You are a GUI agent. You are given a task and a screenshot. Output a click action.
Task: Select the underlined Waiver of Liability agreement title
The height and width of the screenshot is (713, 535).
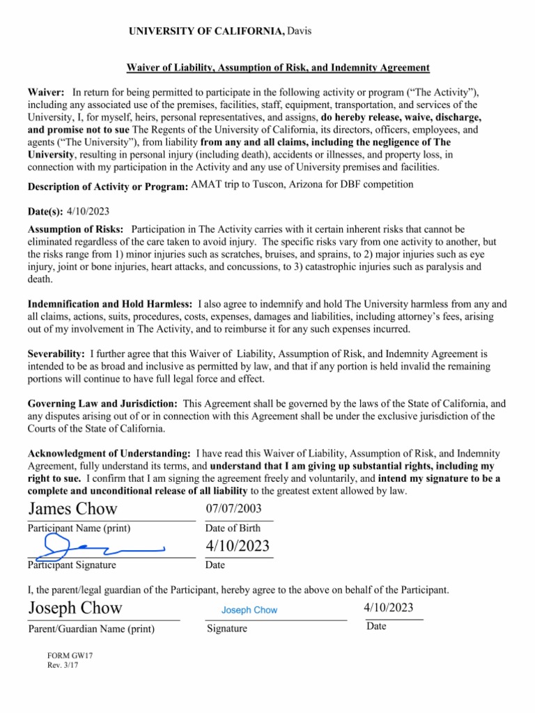277,68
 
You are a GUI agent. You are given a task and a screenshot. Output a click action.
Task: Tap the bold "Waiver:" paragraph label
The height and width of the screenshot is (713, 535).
47,93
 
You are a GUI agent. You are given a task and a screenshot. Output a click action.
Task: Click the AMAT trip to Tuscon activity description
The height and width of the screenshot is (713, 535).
302,185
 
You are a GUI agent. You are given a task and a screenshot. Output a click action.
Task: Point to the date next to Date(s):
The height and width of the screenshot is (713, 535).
88,211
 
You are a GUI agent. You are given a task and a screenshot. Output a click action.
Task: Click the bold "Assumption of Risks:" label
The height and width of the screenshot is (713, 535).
76,229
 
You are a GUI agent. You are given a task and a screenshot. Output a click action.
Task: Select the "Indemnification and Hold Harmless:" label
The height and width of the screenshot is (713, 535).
110,304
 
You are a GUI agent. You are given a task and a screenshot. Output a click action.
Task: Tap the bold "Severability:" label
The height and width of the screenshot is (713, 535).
56,354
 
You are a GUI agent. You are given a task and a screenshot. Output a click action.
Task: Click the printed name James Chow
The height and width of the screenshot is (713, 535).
73,509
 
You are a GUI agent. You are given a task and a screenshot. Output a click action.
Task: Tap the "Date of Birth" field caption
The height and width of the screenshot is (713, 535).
233,528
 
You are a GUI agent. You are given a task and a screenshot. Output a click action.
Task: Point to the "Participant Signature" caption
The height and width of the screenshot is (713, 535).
72,565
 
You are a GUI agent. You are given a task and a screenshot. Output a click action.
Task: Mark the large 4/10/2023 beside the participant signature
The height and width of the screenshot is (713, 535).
238,546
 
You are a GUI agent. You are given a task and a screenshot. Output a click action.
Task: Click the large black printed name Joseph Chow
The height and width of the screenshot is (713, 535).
75,608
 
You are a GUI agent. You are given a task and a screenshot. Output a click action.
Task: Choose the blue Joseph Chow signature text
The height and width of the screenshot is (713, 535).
249,610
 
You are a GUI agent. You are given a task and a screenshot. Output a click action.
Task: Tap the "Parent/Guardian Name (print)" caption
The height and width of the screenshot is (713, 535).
91,629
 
